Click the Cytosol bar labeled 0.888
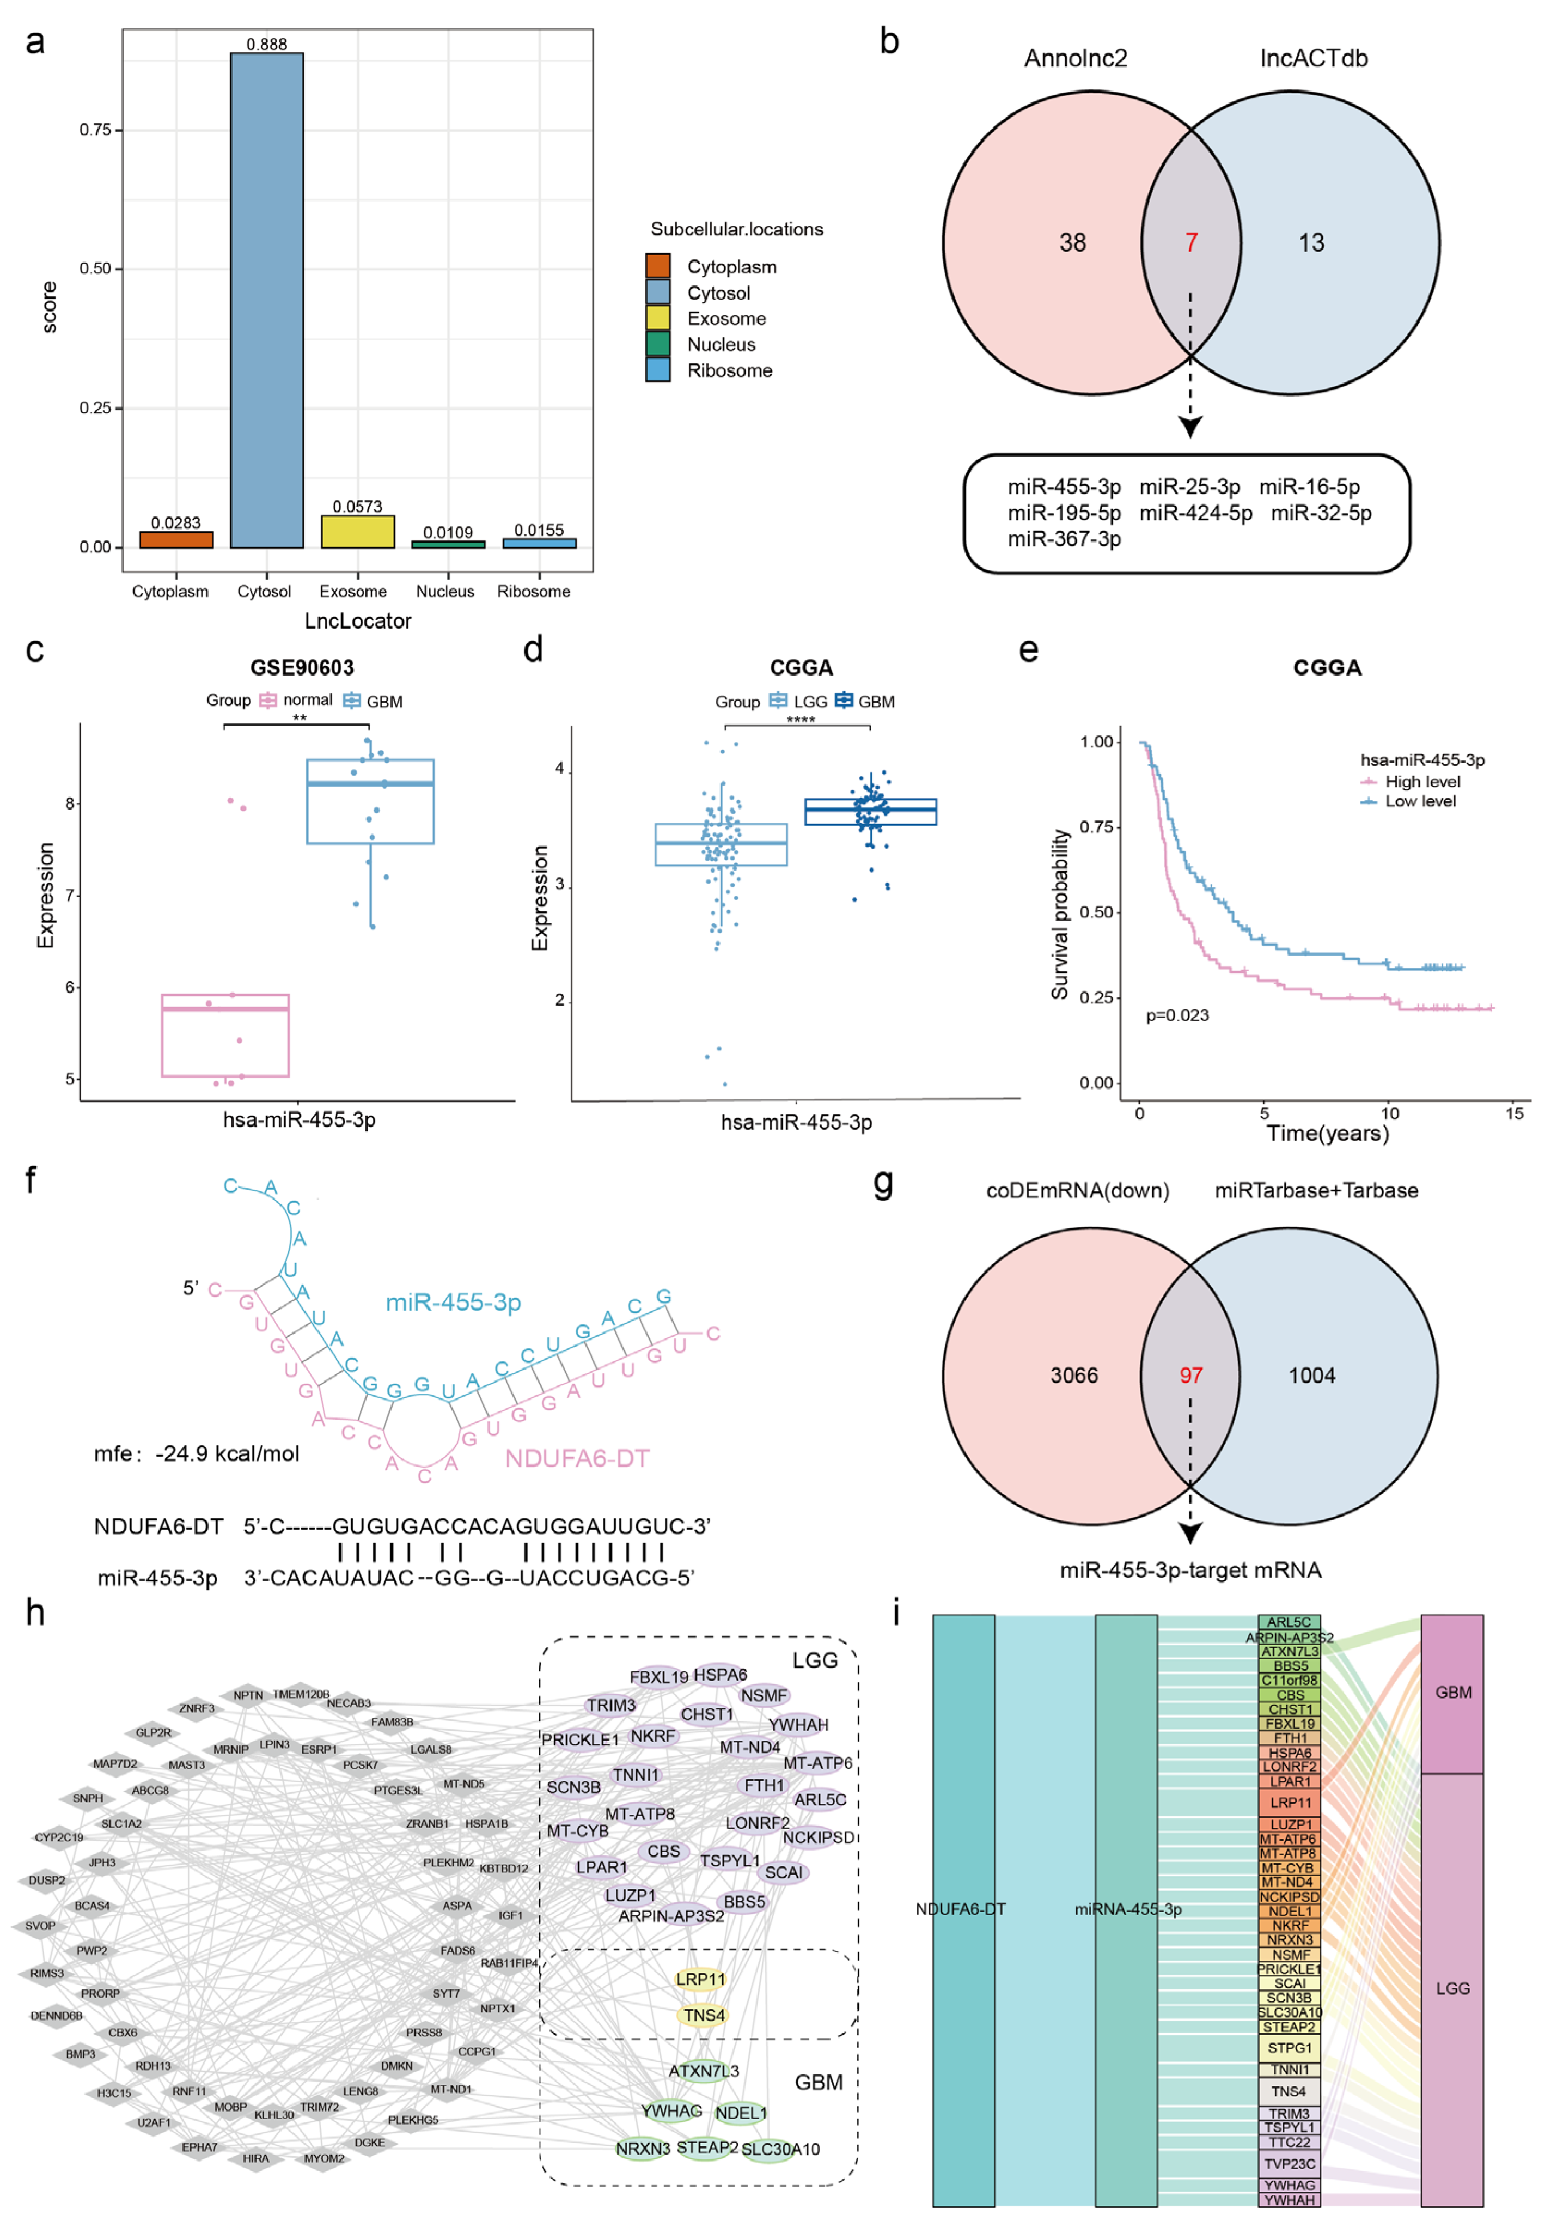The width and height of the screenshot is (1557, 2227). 267,301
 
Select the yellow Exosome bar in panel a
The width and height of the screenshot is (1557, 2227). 358,532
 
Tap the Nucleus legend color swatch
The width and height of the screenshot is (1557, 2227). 658,344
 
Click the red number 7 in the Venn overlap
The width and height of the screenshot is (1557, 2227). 1190,242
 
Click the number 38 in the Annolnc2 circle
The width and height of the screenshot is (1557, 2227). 1072,242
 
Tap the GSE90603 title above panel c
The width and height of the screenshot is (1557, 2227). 302,667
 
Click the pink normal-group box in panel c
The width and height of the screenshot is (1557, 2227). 225,1035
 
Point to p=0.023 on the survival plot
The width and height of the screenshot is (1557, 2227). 1177,1015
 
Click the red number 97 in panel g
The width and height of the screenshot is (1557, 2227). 1190,1376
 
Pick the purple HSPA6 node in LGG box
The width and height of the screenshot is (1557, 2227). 719,1675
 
